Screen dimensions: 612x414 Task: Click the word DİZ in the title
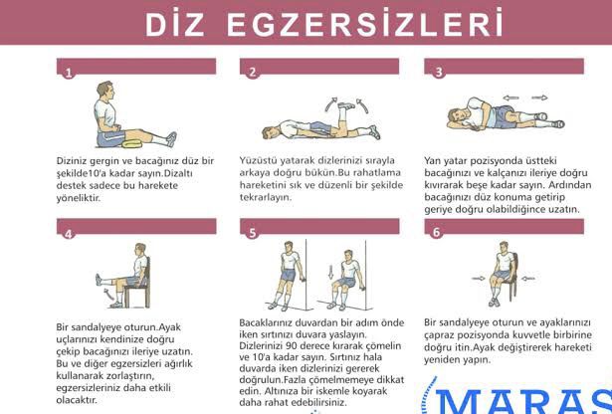[x=175, y=24]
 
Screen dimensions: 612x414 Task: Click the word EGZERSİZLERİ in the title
[x=364, y=24]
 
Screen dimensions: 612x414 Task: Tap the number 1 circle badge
[x=69, y=73]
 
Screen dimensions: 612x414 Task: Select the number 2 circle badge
[x=252, y=73]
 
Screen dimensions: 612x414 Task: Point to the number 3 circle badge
[x=439, y=73]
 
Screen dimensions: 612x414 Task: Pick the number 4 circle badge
[x=69, y=234]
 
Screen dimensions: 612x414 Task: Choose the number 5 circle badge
[x=252, y=233]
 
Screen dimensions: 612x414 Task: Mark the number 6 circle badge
[x=437, y=232]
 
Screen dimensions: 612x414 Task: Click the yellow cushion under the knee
[x=132, y=143]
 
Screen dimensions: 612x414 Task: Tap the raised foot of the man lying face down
[x=346, y=105]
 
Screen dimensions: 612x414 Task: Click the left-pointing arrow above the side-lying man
[x=510, y=98]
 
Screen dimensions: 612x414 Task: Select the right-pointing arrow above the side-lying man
[x=539, y=98]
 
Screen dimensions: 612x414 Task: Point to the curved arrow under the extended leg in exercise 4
[x=108, y=294]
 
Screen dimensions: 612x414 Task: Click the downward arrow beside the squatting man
[x=331, y=272]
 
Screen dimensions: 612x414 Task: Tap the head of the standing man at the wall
[x=289, y=248]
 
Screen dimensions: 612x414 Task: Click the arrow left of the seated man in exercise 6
[x=478, y=279]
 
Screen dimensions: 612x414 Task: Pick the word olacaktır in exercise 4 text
[x=77, y=400]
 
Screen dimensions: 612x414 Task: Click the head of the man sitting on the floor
[x=105, y=91]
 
